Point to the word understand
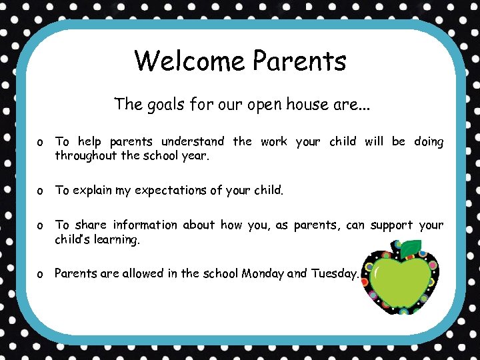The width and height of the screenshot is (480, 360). pyautogui.click(x=193, y=141)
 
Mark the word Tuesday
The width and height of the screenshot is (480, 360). pyautogui.click(x=334, y=273)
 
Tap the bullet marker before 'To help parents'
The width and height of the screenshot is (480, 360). pyautogui.click(x=41, y=142)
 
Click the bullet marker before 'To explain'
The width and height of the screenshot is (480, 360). pyautogui.click(x=41, y=191)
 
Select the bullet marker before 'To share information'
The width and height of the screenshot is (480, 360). pyautogui.click(x=41, y=226)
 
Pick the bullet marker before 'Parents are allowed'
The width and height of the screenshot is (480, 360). pyautogui.click(x=41, y=274)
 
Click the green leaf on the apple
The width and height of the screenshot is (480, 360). pyautogui.click(x=411, y=248)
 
